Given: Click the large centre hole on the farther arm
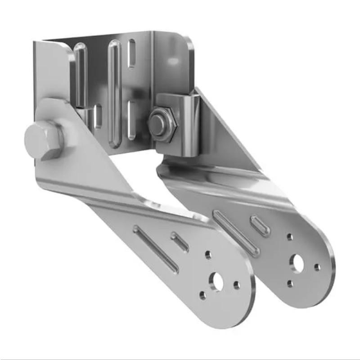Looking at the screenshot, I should (x=297, y=262).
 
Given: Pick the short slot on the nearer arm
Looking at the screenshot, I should (x=180, y=242).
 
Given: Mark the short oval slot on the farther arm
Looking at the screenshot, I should (x=260, y=225).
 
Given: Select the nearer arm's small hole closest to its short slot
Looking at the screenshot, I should (x=208, y=255).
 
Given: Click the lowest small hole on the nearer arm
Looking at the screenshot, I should (x=202, y=296).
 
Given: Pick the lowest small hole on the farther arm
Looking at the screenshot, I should (x=290, y=283).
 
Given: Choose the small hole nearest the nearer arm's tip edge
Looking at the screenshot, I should (x=237, y=285).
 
